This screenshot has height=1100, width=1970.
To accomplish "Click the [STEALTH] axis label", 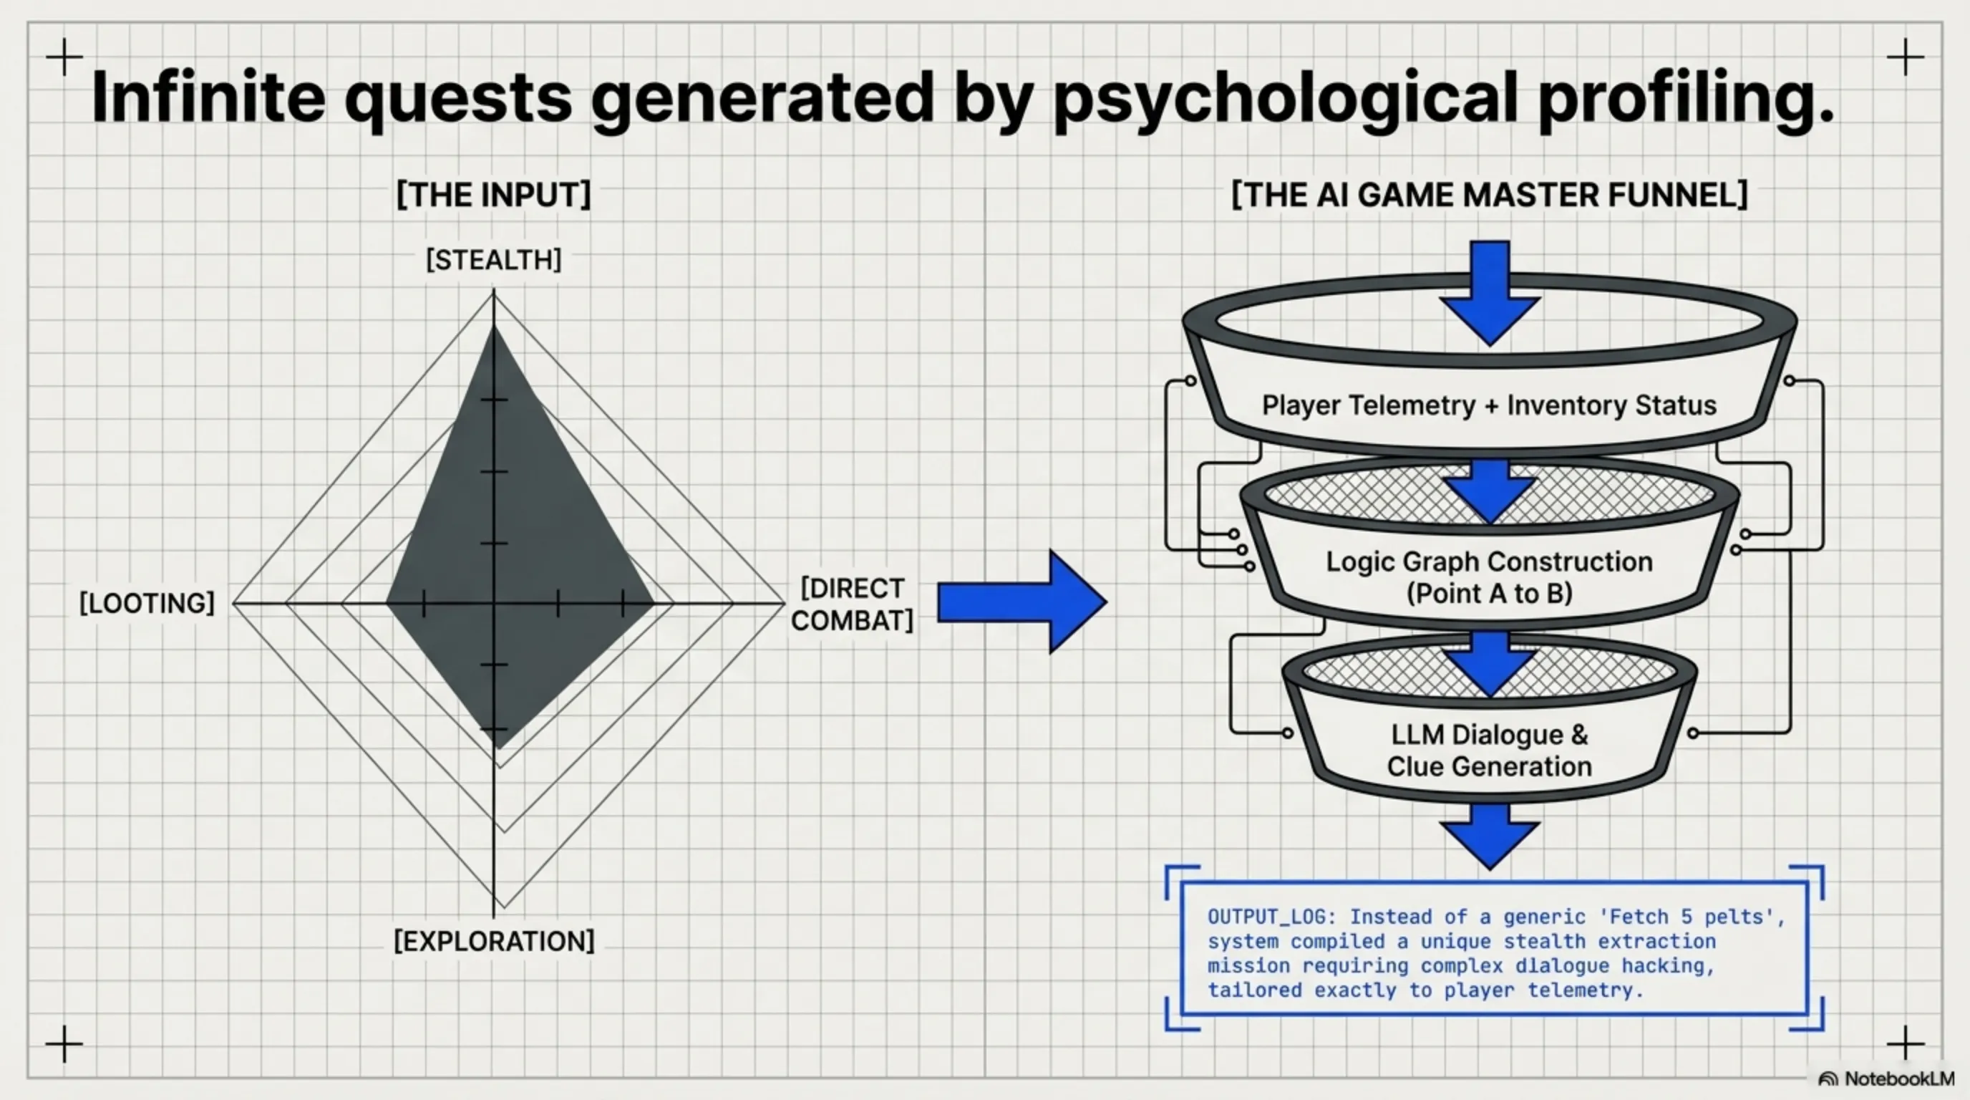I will pyautogui.click(x=493, y=260).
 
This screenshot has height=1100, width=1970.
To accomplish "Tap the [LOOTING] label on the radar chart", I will pyautogui.click(x=147, y=603).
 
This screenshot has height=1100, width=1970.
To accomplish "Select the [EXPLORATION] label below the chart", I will pyautogui.click(x=493, y=941).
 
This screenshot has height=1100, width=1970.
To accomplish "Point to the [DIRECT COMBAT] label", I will pyautogui.click(x=852, y=604).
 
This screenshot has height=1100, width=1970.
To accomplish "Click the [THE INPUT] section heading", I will pyautogui.click(x=493, y=194).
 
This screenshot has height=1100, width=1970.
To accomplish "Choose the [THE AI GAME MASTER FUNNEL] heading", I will pyautogui.click(x=1489, y=194).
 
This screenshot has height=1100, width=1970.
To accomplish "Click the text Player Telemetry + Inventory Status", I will pyautogui.click(x=1489, y=405).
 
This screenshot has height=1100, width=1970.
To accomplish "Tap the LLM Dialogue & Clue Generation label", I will pyautogui.click(x=1489, y=750).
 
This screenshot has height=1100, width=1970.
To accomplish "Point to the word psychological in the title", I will pyautogui.click(x=1285, y=98).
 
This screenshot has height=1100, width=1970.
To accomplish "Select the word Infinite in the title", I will pyautogui.click(x=208, y=98).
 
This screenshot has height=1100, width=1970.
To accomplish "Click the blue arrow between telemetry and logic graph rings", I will pyautogui.click(x=1489, y=490).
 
